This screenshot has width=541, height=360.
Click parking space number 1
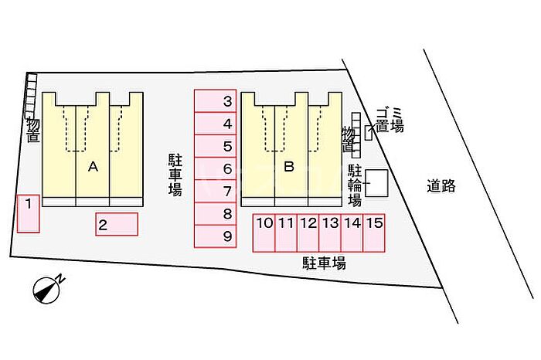[x=28, y=213]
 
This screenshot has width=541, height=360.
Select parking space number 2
[x=117, y=224]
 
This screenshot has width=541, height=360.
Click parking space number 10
[x=264, y=233]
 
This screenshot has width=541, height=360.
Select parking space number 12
[x=308, y=233]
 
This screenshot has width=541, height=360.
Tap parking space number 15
[x=374, y=233]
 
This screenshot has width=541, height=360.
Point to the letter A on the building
[x=93, y=166]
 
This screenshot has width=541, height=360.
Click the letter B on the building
[x=290, y=166]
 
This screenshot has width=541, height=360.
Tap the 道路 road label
[x=441, y=185]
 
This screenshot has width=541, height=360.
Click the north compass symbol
[x=48, y=289]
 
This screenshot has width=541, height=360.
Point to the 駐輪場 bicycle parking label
[x=355, y=185]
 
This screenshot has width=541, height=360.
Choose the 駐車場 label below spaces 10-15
[x=324, y=263]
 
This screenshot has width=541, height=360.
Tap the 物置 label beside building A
[x=32, y=130]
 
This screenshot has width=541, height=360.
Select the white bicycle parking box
[x=377, y=183]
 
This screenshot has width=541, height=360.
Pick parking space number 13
[x=330, y=233]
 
